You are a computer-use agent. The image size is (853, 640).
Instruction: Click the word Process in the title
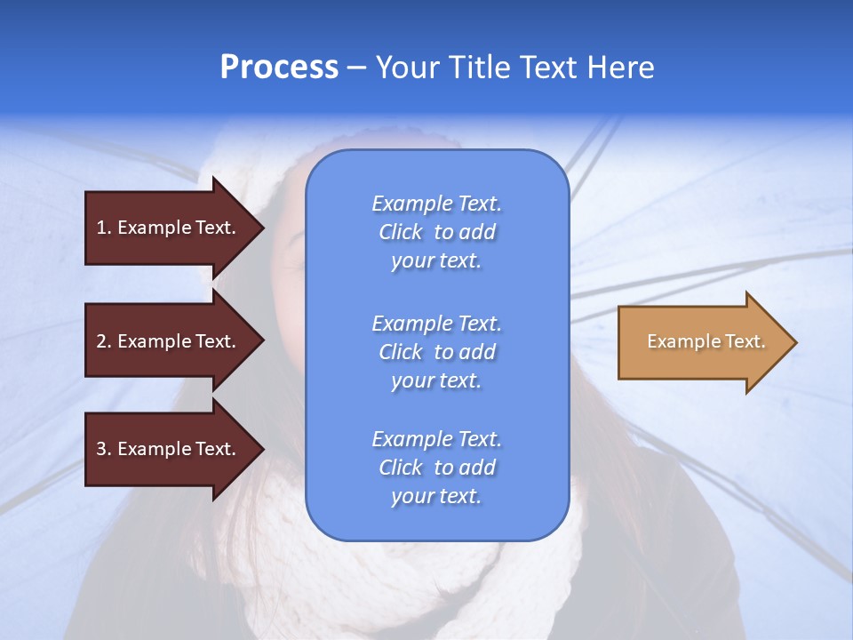(279, 68)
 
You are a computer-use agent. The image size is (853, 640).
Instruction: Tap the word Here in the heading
(620, 68)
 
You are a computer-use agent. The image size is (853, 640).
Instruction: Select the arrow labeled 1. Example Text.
(169, 228)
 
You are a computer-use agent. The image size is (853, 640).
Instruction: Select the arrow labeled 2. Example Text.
(169, 341)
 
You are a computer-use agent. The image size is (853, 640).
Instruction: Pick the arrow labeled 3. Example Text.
(169, 449)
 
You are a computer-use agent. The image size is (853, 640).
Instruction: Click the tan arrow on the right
(702, 342)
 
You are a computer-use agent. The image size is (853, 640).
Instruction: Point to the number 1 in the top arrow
(102, 228)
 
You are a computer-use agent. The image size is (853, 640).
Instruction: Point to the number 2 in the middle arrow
(102, 341)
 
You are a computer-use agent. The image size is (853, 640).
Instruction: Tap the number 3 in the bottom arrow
(102, 449)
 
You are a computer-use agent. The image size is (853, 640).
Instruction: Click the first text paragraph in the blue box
(436, 232)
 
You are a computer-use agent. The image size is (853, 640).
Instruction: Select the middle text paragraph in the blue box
(436, 352)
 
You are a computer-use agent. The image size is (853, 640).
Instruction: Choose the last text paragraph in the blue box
(436, 468)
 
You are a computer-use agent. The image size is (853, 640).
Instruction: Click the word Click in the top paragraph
(401, 232)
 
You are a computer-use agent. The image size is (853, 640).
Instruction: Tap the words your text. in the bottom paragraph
(436, 496)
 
